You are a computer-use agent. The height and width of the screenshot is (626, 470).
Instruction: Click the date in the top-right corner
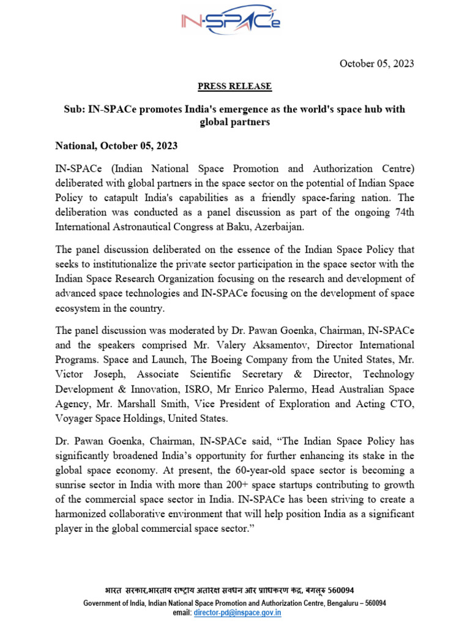click(x=376, y=64)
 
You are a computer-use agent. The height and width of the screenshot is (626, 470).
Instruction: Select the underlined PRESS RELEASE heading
click(x=235, y=86)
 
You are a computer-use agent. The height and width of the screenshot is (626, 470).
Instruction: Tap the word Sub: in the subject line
click(x=75, y=109)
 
